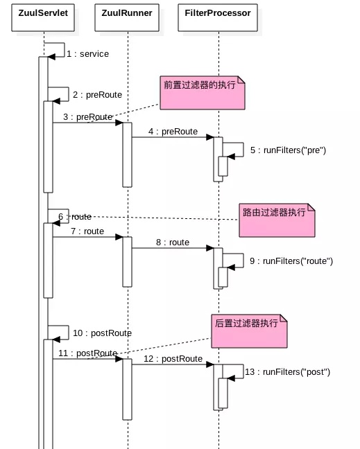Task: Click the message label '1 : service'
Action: tap(87, 54)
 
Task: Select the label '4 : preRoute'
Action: tap(173, 132)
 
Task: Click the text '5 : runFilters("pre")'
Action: tap(288, 150)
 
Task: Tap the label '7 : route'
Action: tap(87, 231)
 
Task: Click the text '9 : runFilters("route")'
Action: tap(291, 261)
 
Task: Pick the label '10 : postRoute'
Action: tap(102, 333)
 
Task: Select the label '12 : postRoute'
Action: tap(173, 359)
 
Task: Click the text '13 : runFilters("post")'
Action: tap(287, 372)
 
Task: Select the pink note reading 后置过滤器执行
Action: tap(249, 331)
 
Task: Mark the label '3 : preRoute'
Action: tap(87, 117)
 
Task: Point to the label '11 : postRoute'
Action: tap(87, 353)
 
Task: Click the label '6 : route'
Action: tap(75, 217)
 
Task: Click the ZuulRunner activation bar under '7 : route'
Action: tap(127, 261)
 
